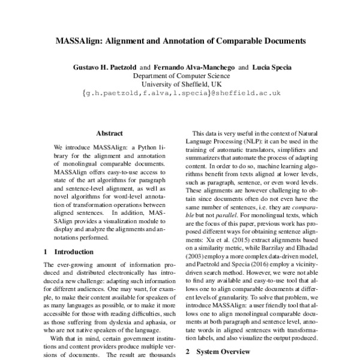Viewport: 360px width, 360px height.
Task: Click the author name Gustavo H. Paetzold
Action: click(102, 67)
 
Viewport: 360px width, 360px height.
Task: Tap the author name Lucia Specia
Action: click(271, 67)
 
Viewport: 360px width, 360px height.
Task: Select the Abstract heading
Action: click(109, 133)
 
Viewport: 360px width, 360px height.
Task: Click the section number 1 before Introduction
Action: click(48, 252)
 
